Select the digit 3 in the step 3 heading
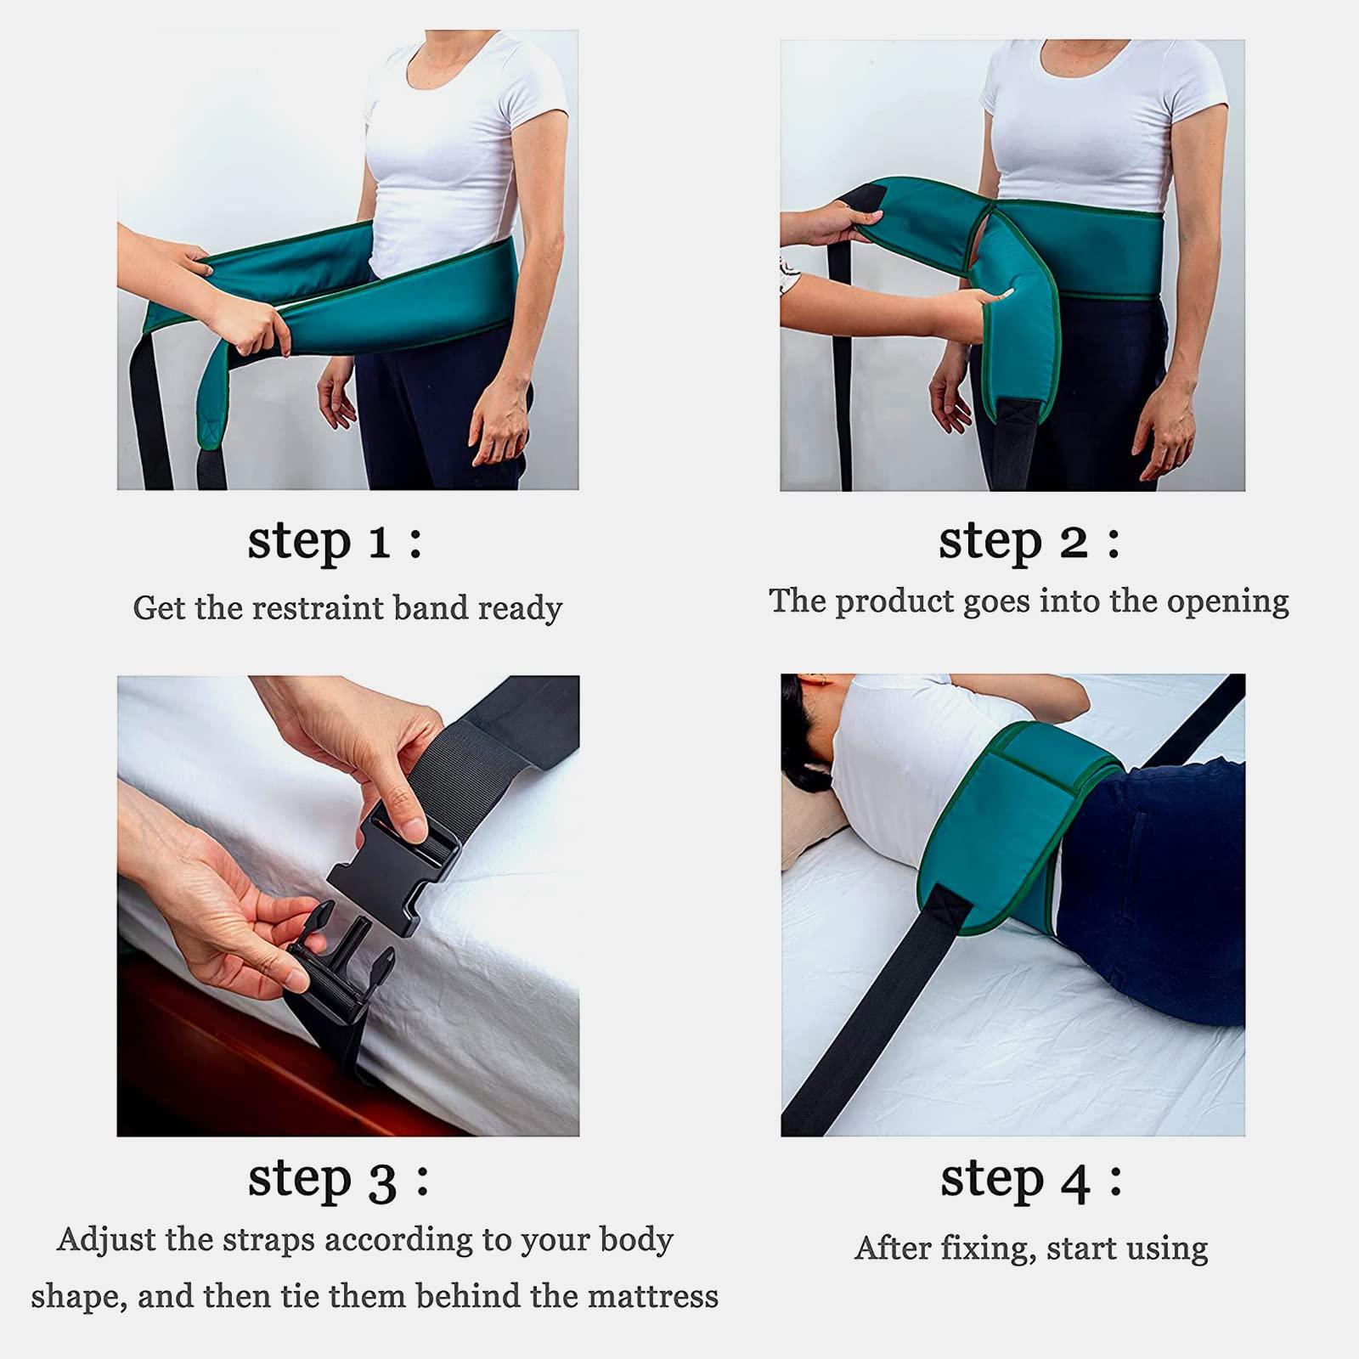pyautogui.click(x=381, y=1181)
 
